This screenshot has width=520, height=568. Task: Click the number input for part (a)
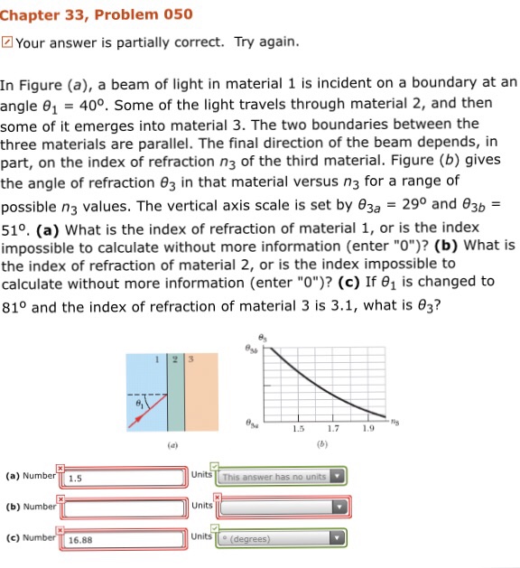(x=125, y=477)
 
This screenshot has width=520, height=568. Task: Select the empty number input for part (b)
(x=125, y=507)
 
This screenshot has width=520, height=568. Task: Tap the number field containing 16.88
(x=125, y=539)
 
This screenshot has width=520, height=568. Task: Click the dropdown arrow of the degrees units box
(x=338, y=539)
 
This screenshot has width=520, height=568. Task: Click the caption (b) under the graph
(x=320, y=445)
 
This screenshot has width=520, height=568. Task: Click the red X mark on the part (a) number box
(x=61, y=468)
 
